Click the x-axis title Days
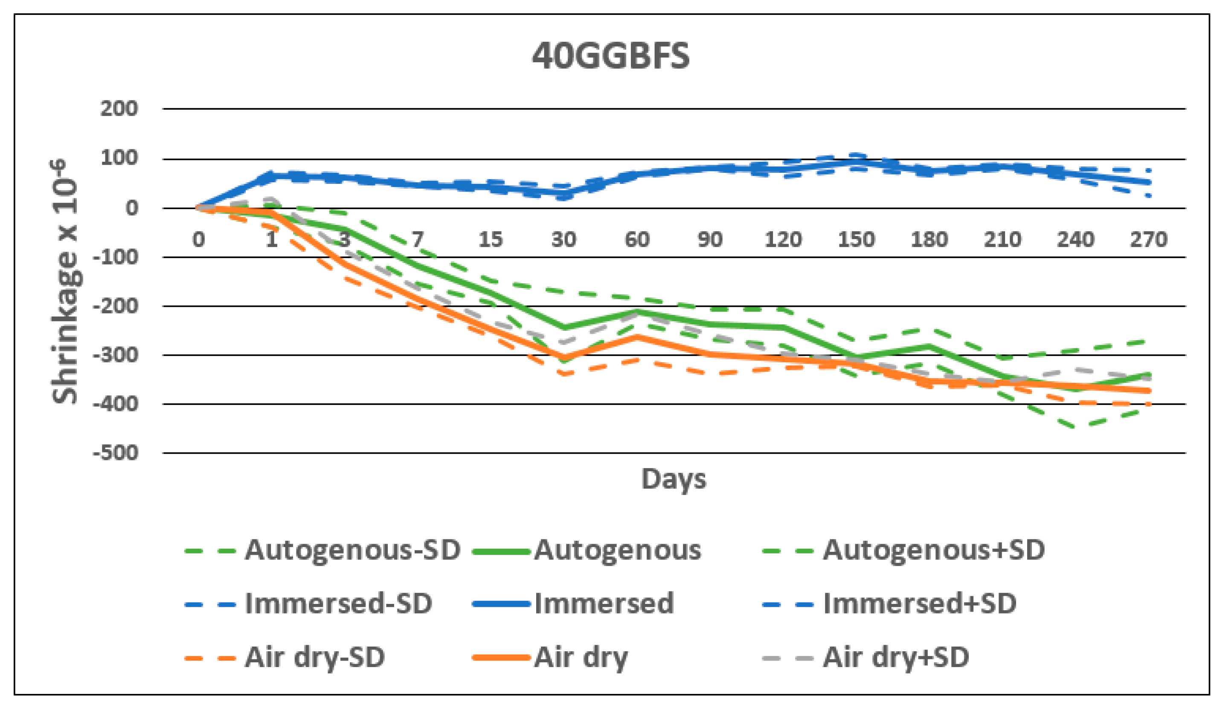click(674, 479)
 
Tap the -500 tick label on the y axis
click(116, 453)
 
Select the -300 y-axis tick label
click(116, 355)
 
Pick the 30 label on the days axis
click(563, 239)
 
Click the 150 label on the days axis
click(856, 239)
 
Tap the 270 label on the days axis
click(1148, 239)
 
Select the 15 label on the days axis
click(491, 239)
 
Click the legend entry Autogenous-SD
click(352, 550)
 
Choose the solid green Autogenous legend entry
click(617, 550)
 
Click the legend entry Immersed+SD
click(920, 603)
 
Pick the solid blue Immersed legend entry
click(604, 603)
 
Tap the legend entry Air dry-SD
click(314, 657)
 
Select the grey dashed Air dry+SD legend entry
click(896, 657)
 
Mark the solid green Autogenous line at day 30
click(563, 328)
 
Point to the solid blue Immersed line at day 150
click(856, 161)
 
